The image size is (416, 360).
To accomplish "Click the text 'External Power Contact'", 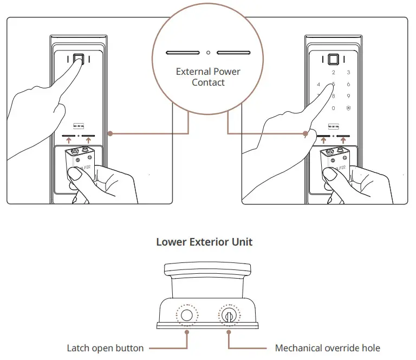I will point(208,77).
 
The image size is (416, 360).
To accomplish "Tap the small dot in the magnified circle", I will point(209,53).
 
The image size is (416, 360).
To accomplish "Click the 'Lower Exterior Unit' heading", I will point(204,242).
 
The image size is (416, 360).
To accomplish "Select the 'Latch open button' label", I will point(105,348).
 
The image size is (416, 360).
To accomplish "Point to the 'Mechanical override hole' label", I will point(328,348).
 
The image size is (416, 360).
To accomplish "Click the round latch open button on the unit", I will point(187,316).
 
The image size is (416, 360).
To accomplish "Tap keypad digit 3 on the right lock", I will point(348,73).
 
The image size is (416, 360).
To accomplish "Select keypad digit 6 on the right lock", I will point(348,85).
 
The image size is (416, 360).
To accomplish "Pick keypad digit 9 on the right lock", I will point(348,97).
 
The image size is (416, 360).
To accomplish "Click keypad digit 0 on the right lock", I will point(333,108).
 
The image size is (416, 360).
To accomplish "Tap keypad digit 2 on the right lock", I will point(333,73).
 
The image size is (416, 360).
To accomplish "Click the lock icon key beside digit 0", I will point(348,108).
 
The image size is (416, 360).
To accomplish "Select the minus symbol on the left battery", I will point(79,159).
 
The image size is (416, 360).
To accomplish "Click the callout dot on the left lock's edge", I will point(109,133).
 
